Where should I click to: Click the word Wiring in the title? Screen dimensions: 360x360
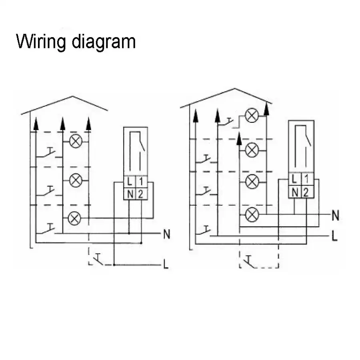pyautogui.click(x=41, y=42)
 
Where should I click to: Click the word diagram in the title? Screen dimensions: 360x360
pyautogui.click(x=104, y=42)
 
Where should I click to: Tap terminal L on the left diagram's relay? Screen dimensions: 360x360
pyautogui.click(x=130, y=182)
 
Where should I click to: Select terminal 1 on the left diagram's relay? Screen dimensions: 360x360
pyautogui.click(x=141, y=182)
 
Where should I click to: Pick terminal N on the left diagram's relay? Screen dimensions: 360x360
pyautogui.click(x=130, y=194)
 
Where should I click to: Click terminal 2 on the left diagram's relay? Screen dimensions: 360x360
pyautogui.click(x=140, y=194)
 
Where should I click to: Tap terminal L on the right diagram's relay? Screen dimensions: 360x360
pyautogui.click(x=294, y=179)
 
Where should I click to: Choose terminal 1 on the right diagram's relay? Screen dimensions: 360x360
pyautogui.click(x=306, y=179)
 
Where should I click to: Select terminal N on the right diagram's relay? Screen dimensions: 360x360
pyautogui.click(x=295, y=192)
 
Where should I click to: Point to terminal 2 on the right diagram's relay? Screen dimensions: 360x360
pyautogui.click(x=306, y=192)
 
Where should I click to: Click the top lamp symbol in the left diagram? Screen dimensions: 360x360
pyautogui.click(x=76, y=142)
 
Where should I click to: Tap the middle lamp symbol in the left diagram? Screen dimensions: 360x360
pyautogui.click(x=76, y=180)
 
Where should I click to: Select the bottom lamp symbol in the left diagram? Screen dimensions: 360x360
pyautogui.click(x=74, y=218)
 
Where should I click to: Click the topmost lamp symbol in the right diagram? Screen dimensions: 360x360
pyautogui.click(x=252, y=115)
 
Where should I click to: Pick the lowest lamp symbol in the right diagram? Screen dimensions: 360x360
pyautogui.click(x=252, y=215)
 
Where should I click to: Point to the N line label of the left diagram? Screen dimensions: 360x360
pyautogui.click(x=167, y=234)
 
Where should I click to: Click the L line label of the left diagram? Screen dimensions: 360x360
pyautogui.click(x=166, y=264)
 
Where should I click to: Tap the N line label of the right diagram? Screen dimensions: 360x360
pyautogui.click(x=336, y=216)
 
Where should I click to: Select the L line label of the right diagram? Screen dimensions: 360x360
pyautogui.click(x=335, y=236)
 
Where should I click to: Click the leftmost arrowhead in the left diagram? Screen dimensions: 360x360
pyautogui.click(x=36, y=124)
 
